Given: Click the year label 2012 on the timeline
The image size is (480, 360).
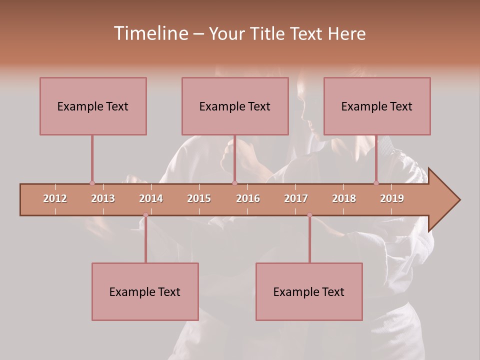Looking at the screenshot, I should click(x=55, y=198).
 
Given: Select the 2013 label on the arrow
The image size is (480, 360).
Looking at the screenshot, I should click(x=103, y=198).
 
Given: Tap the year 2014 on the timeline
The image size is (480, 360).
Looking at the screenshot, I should click(x=151, y=198).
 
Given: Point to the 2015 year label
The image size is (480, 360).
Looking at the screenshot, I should click(x=199, y=198).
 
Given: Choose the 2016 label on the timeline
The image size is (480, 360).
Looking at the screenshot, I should click(x=248, y=198).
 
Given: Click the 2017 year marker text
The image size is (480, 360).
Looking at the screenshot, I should click(x=296, y=198).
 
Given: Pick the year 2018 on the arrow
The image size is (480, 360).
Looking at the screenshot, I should click(x=344, y=198).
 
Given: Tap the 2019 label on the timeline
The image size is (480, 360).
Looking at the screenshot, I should click(x=392, y=198).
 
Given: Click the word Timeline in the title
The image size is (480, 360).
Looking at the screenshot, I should click(x=150, y=33).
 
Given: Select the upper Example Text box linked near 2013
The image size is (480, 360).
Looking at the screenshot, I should click(x=93, y=106).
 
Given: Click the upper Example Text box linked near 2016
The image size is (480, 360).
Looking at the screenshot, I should click(x=235, y=106).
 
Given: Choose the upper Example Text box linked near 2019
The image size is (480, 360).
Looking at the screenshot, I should click(x=377, y=106).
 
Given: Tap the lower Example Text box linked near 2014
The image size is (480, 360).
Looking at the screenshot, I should click(x=145, y=291).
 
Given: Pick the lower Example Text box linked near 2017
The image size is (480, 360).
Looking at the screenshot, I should click(x=309, y=291).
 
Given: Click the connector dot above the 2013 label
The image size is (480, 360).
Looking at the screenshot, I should click(x=92, y=183).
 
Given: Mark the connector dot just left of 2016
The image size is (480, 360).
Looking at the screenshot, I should click(x=234, y=183).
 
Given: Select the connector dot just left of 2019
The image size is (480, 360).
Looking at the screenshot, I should click(x=376, y=183).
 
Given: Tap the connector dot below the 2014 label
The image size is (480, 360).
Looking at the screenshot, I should click(x=145, y=215).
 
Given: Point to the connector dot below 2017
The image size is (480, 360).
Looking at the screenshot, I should click(x=309, y=215).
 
